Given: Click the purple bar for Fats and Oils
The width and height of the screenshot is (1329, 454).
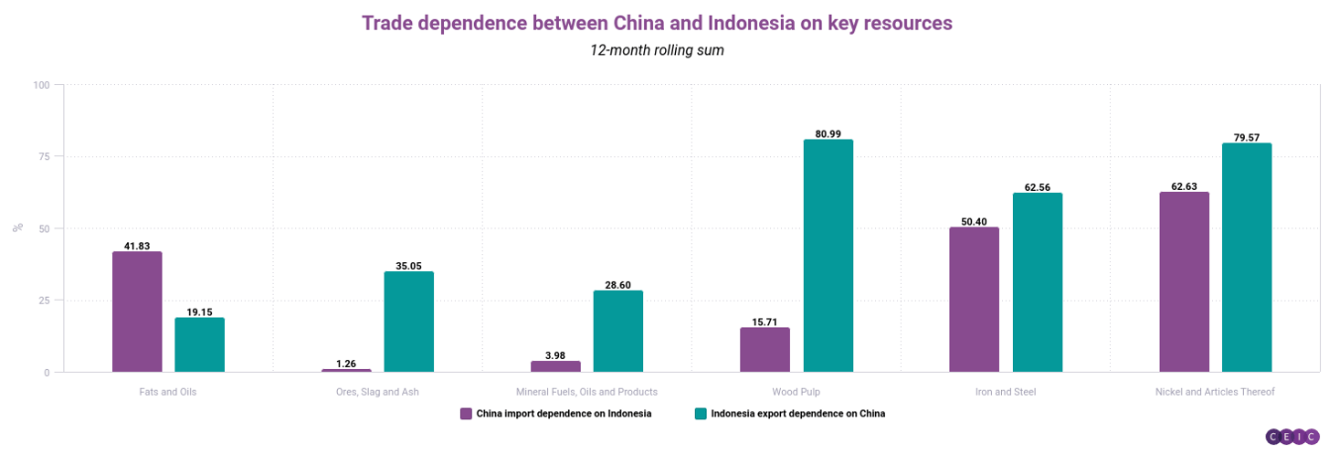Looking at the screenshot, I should click(137, 311).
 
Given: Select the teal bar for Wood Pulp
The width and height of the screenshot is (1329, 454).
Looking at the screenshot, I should click(828, 256).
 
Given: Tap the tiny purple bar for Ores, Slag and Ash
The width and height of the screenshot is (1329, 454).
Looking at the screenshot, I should click(346, 370).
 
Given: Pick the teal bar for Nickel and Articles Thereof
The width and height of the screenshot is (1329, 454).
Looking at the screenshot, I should click(1247, 258).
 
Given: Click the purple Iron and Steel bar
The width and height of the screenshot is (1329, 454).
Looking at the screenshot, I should click(974, 300).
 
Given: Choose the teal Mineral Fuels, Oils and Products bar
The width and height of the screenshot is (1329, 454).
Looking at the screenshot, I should click(617, 331).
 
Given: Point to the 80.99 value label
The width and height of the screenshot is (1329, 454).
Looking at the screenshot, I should click(828, 134).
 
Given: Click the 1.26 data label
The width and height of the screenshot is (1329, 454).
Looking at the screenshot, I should click(346, 364).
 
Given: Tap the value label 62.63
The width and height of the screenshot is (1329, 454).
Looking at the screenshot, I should click(1184, 186).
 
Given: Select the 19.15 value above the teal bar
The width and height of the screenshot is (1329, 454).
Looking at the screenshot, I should click(199, 312).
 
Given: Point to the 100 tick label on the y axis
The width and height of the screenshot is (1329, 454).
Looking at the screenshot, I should click(41, 85).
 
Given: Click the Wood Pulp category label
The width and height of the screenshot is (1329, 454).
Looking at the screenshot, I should click(796, 392).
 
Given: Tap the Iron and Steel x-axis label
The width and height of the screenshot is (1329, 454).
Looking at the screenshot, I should click(1006, 392).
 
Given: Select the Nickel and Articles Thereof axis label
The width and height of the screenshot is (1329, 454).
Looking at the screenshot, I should click(1215, 392).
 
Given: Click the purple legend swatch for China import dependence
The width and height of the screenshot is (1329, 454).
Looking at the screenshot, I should click(466, 414).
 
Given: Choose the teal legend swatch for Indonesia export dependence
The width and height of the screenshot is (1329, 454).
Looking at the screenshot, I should click(701, 414).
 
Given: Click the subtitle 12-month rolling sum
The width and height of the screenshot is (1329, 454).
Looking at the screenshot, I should click(657, 50).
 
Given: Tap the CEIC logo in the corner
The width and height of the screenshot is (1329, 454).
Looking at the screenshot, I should click(1292, 436).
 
